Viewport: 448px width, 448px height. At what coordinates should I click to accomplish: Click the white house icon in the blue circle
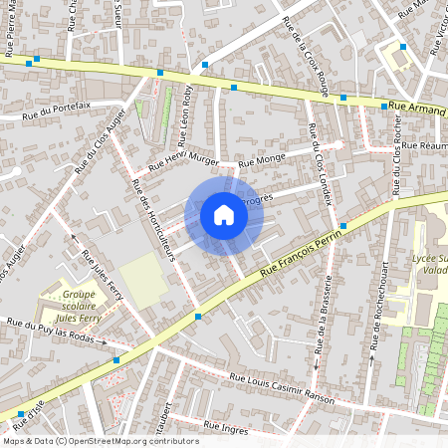(x=223, y=215)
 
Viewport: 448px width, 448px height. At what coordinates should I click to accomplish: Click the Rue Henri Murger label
(x=183, y=163)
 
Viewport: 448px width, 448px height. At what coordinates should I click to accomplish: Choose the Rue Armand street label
(x=416, y=109)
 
